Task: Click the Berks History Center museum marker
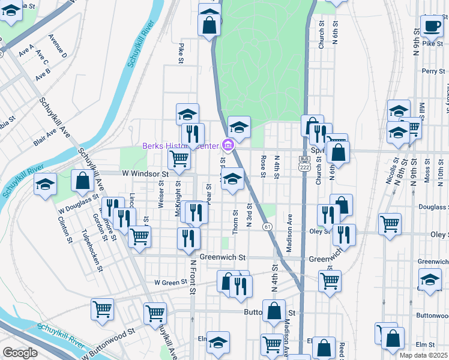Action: pyautogui.click(x=228, y=145)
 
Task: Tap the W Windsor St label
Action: pyautogui.click(x=145, y=173)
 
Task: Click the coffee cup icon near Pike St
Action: pyautogui.click(x=431, y=25)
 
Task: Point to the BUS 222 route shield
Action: pyautogui.click(x=304, y=163)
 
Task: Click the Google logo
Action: pyautogui.click(x=20, y=353)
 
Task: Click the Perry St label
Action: pyautogui.click(x=432, y=71)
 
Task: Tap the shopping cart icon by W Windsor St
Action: pyautogui.click(x=179, y=159)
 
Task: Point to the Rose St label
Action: pyautogui.click(x=263, y=166)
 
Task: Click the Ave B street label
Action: pyautogui.click(x=43, y=76)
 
